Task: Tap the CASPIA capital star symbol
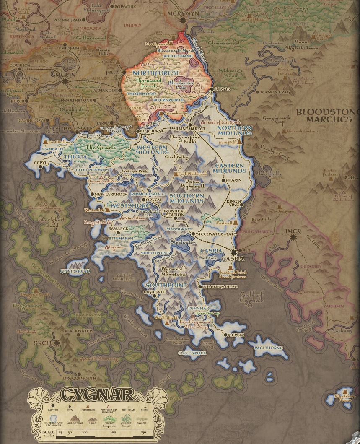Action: point(234,252)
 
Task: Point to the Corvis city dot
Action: point(212,89)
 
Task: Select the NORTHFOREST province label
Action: point(153,73)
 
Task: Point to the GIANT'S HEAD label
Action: point(75,271)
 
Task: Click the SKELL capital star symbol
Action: point(56,343)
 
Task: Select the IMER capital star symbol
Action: point(293,237)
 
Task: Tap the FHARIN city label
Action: point(234,180)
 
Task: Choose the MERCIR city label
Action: point(236,335)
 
